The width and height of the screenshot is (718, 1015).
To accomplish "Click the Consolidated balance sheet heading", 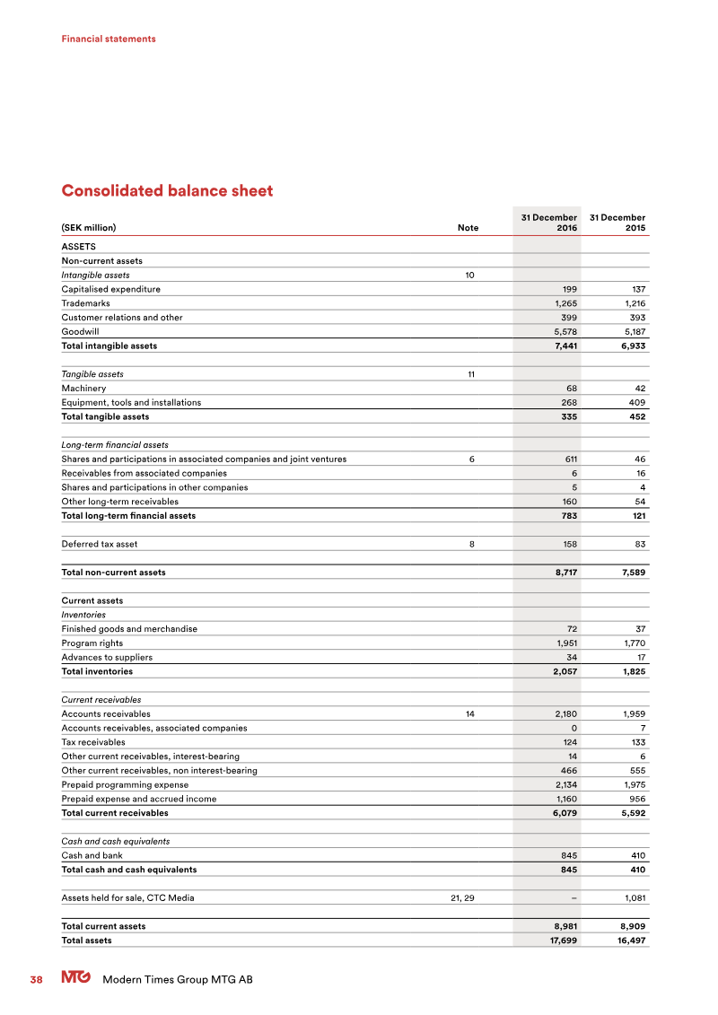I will [167, 191].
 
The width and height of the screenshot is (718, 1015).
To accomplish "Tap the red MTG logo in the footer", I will [75, 979].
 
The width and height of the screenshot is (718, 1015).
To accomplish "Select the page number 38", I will [37, 980].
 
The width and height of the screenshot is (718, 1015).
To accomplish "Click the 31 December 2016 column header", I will [548, 223].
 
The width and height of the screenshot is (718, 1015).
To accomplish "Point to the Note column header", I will [468, 228].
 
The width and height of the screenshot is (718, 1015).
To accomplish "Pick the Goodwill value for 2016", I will [563, 331].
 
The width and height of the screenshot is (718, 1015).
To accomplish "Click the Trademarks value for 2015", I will [631, 303].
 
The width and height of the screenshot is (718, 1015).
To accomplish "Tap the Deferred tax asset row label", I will [100, 544].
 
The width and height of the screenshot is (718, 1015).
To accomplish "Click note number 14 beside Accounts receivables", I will [469, 713].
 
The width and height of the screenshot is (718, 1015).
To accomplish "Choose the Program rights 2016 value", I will [563, 643].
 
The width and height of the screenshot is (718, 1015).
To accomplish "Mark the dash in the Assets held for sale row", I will [574, 897].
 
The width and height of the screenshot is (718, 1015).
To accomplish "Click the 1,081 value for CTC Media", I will [633, 897].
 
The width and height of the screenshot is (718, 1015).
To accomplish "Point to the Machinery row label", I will [83, 389].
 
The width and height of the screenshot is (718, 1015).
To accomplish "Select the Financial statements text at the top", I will [109, 39].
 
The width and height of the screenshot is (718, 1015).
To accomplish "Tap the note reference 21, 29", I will [461, 897].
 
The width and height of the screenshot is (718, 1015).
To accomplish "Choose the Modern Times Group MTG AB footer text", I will [178, 980].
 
